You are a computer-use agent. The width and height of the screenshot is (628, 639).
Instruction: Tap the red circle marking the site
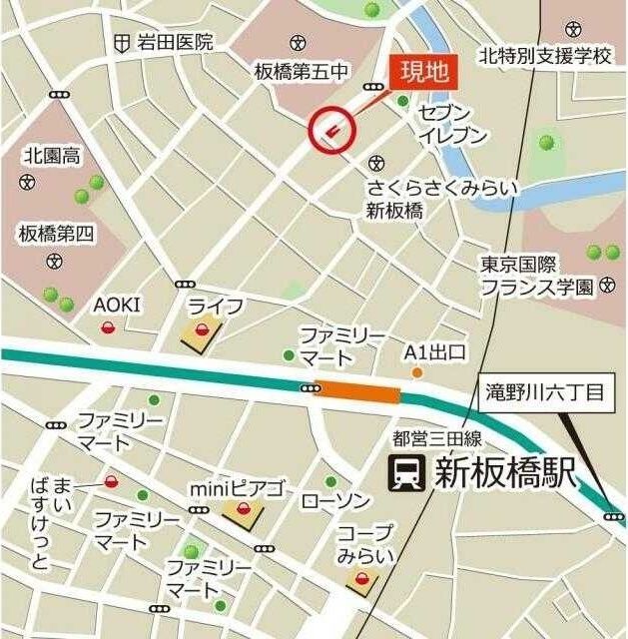(x=333, y=129)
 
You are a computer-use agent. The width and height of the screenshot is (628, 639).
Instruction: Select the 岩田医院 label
(x=176, y=42)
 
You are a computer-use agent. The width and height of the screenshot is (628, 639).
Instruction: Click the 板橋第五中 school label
(x=302, y=72)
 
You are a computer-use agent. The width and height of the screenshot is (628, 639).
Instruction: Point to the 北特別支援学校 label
(x=544, y=55)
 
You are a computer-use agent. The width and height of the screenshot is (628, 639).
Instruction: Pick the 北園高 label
(x=52, y=156)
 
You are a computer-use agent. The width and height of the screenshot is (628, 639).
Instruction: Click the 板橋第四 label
(x=55, y=235)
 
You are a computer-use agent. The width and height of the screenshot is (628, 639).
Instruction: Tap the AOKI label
(x=118, y=305)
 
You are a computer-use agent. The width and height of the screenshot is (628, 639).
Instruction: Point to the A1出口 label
(x=435, y=352)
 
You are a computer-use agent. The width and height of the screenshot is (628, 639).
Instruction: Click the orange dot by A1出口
(x=417, y=373)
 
